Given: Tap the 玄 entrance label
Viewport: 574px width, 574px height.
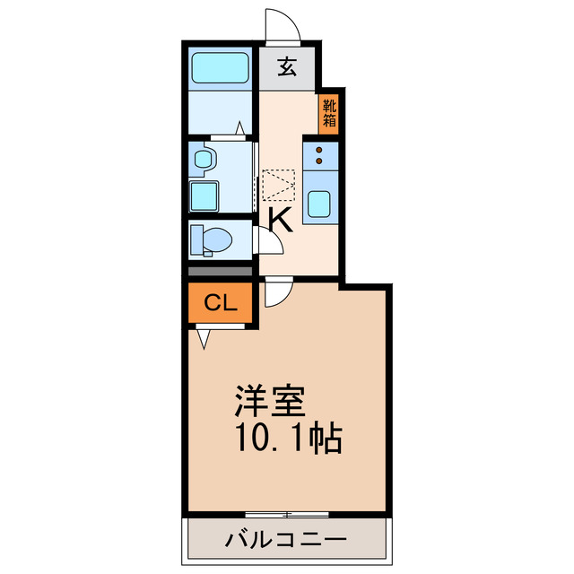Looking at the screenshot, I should coord(286,67).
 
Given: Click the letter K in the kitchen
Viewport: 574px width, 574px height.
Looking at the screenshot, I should coord(280,218).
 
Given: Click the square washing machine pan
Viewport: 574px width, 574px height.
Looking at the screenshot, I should coord(205,195).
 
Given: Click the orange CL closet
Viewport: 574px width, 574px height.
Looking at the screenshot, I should coord(221,303).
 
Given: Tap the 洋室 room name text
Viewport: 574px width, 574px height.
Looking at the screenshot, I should coord(271,400).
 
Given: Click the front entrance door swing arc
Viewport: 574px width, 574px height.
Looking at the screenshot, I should coord(283,25).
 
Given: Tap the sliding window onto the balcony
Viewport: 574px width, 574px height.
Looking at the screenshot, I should coord(286,514).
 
